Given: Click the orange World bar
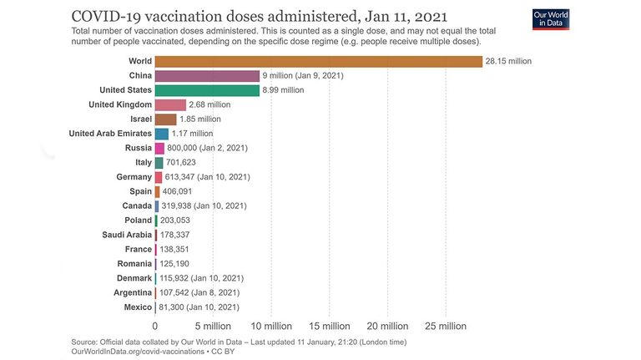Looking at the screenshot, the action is pos(319,61).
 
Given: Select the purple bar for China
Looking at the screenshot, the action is pos(207,76).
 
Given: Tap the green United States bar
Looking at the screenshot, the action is pos(207,90).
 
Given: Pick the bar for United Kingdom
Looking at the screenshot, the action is pos(170,104).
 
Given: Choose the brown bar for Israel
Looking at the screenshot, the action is pos(165,119).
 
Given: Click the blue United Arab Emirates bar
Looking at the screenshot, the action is pos(161,134).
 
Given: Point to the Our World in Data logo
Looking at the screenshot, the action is pos(551,19).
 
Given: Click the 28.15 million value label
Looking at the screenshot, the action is pos(508,61).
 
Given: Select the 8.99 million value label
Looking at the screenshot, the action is pos(283,90).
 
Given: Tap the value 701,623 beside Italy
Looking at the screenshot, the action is pos(180,162).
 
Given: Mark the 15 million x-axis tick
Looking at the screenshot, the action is pos(330,326).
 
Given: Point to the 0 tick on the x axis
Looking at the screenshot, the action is pos(155,326).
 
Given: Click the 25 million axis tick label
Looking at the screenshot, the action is pos(446,326).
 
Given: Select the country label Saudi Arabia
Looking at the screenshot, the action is pos(127,235).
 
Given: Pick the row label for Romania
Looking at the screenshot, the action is pos(134,264).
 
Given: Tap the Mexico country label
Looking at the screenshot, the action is pos(138,307).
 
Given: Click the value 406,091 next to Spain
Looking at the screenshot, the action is pos(177,191).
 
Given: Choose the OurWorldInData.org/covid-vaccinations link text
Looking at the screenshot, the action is pos(138,352).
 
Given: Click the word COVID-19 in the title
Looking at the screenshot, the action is pos(106,17).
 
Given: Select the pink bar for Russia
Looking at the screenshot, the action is pos(159,148).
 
